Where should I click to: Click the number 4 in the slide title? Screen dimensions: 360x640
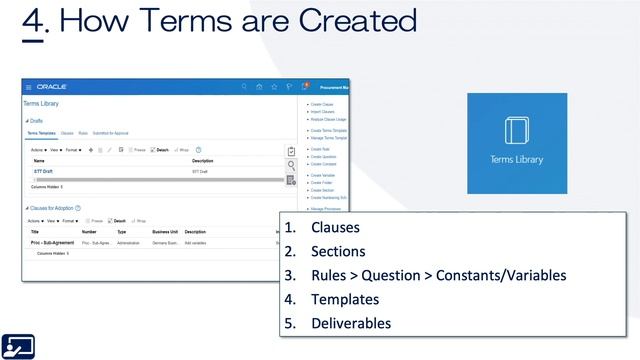pyautogui.click(x=33, y=21)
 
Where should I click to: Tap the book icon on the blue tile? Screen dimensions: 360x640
pyautogui.click(x=516, y=131)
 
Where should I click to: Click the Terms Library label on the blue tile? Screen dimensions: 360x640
pyautogui.click(x=516, y=159)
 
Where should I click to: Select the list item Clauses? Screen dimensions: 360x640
pyautogui.click(x=335, y=227)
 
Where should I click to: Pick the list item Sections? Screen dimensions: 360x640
pyautogui.click(x=338, y=251)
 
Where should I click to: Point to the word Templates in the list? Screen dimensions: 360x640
pyautogui.click(x=345, y=299)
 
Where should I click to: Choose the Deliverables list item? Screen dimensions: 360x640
pyautogui.click(x=351, y=323)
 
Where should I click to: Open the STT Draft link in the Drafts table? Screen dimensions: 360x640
pyautogui.click(x=43, y=171)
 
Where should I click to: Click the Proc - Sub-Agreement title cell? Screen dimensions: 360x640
pyautogui.click(x=51, y=242)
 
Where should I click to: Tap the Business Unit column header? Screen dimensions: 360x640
pyautogui.click(x=166, y=231)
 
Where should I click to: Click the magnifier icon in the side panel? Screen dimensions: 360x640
pyautogui.click(x=291, y=165)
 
